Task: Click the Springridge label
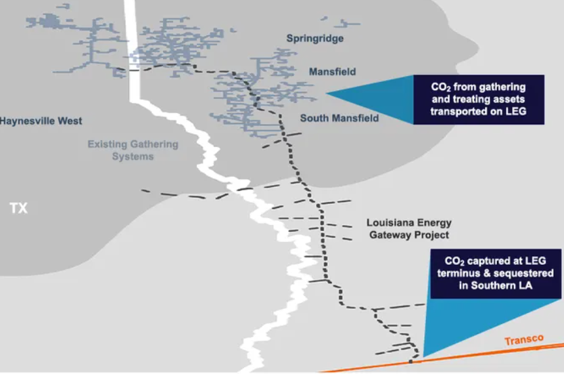pyautogui.click(x=314, y=39)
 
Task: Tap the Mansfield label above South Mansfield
pyautogui.click(x=332, y=72)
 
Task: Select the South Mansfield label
pyautogui.click(x=339, y=119)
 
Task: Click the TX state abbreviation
pyautogui.click(x=19, y=208)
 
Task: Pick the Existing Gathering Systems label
pyautogui.click(x=133, y=150)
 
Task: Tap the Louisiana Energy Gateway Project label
pyautogui.click(x=408, y=229)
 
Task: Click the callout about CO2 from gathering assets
pyautogui.click(x=478, y=100)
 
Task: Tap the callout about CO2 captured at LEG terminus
pyautogui.click(x=494, y=273)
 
